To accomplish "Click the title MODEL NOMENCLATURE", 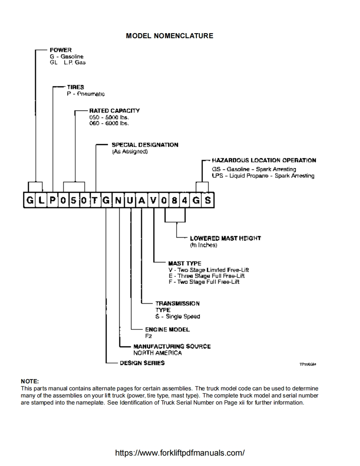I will [x=169, y=36].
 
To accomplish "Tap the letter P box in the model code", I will [x=52, y=201].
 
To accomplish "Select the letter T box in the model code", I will [x=95, y=201].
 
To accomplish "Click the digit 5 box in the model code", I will [x=74, y=201].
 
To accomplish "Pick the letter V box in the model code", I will [x=153, y=201].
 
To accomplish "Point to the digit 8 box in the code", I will [x=175, y=201].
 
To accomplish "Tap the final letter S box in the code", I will [x=207, y=201].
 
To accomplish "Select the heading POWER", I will [x=61, y=50].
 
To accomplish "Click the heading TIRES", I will [x=76, y=87].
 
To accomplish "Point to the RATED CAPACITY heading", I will [x=114, y=110].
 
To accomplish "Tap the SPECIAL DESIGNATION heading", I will [x=145, y=145].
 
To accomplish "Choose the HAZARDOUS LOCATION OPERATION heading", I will [x=264, y=160].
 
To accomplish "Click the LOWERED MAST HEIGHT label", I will [x=225, y=238].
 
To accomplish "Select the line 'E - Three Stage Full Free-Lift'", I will [x=206, y=276].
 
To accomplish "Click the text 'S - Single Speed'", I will [x=178, y=316].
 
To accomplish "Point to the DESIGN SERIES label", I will [x=142, y=363].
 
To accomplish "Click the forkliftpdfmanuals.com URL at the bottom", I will [x=180, y=453].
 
